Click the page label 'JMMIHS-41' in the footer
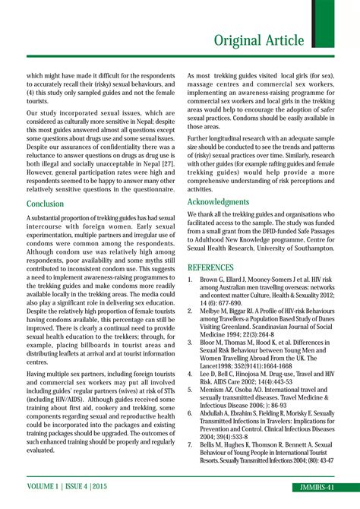[x=317, y=485]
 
